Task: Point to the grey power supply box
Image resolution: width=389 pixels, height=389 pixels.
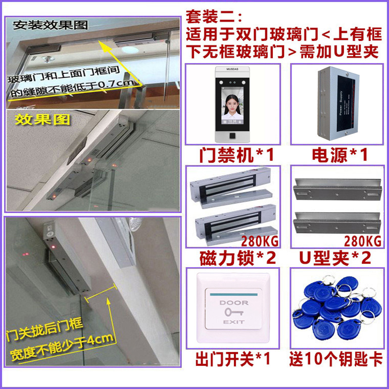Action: point(336,104)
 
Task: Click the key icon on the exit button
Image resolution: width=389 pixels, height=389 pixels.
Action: point(233,312)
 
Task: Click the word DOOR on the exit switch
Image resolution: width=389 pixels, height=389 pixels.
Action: point(233,303)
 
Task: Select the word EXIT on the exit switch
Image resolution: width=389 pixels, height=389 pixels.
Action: point(233,322)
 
